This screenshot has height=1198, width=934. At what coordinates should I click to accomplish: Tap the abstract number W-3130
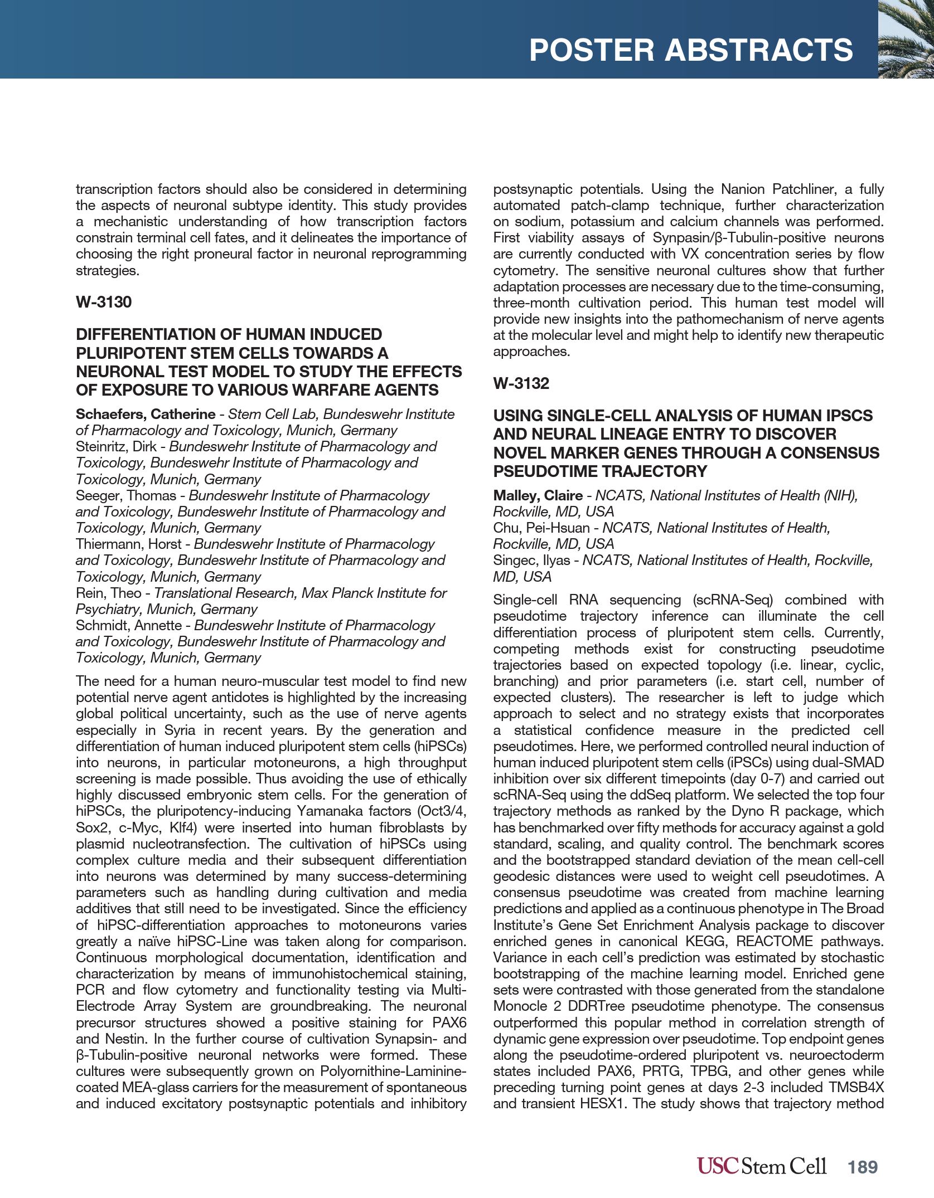pos(104,302)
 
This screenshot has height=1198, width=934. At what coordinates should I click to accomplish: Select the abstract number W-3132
pos(521,383)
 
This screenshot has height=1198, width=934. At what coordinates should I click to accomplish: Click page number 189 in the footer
pos(863,1167)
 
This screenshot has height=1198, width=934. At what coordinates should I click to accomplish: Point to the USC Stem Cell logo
pos(761,1166)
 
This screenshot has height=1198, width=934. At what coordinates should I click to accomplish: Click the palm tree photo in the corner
pos(906,39)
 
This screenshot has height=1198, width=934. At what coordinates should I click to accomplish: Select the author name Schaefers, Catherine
pos(145,414)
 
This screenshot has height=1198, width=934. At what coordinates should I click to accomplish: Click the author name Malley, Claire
pos(538,495)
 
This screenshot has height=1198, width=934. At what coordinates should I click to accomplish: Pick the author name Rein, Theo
pos(108,593)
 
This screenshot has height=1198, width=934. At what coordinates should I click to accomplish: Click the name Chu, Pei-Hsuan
pos(541,528)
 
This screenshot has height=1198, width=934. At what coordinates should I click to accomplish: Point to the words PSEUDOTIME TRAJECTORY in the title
pos(600,471)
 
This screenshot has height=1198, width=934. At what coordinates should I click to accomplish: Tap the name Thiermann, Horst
pos(128,544)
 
